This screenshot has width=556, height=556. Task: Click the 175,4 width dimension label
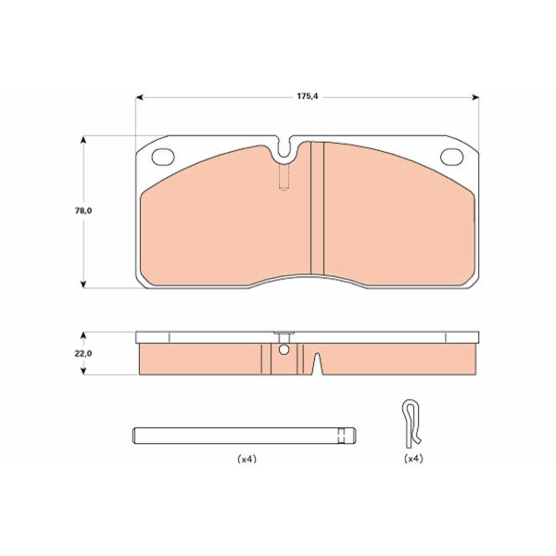[x=308, y=96]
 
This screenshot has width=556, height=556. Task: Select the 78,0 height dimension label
[x=83, y=210]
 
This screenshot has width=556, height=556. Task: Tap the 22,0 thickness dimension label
[x=83, y=354]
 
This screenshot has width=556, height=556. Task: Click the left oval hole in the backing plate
[x=163, y=157]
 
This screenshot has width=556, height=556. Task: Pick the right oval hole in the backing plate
[x=452, y=157]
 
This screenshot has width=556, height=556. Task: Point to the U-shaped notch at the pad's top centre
[x=284, y=148]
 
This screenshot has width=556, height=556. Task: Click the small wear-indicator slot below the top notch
[x=284, y=177]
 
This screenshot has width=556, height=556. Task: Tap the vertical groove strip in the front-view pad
[x=317, y=208]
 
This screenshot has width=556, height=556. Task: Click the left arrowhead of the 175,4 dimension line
[x=139, y=97]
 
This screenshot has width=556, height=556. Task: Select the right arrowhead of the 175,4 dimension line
[x=475, y=97]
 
